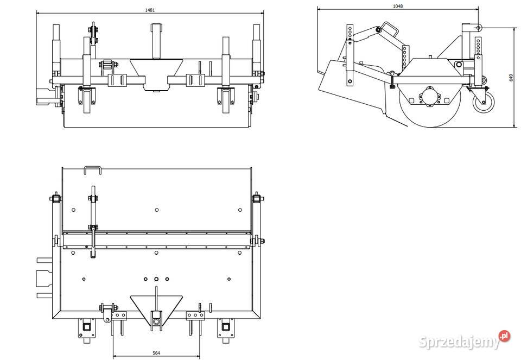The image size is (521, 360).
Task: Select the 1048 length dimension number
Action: [398, 6]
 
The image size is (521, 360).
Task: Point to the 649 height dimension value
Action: [511, 78]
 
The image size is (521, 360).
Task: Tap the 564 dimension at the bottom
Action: [156, 353]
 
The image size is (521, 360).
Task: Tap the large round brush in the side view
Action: [429, 103]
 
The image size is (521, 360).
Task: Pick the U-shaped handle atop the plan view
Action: [93, 169]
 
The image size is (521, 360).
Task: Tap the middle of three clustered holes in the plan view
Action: [156, 279]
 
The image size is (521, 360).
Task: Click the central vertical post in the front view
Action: [156, 40]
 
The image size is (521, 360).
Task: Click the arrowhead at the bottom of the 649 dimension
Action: [514, 125]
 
